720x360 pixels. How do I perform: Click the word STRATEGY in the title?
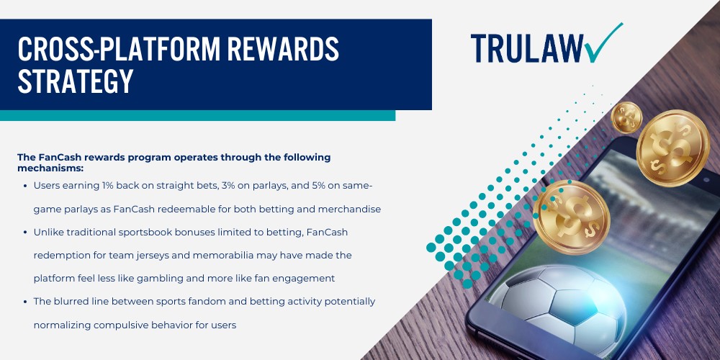[x=76, y=81]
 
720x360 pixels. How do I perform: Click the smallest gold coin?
[x=626, y=116]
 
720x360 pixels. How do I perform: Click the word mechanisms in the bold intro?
[x=50, y=168]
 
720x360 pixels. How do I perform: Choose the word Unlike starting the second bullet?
[x=49, y=233]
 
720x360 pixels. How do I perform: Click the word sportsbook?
[x=160, y=233]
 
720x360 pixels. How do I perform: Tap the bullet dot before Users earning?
[x=26, y=186]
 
